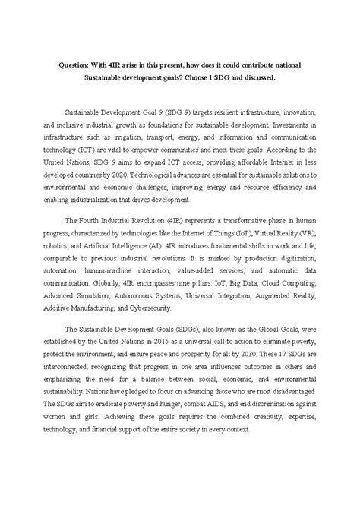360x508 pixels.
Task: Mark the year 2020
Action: [x=175, y=191]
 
